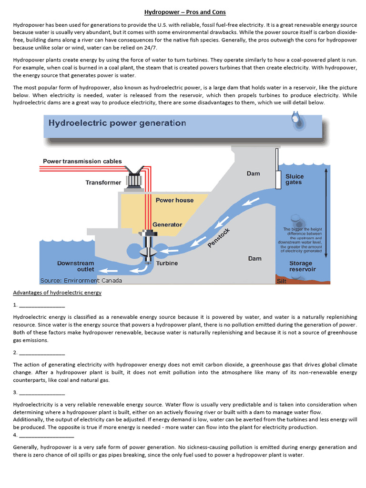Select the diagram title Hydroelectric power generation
(117, 123)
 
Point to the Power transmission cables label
(82, 161)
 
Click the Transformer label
(103, 183)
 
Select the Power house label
(174, 200)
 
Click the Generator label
(167, 224)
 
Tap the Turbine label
(167, 263)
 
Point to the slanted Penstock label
(219, 238)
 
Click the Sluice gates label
(295, 179)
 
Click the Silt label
(282, 281)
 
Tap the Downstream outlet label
(75, 266)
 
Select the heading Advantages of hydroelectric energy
(57, 293)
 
